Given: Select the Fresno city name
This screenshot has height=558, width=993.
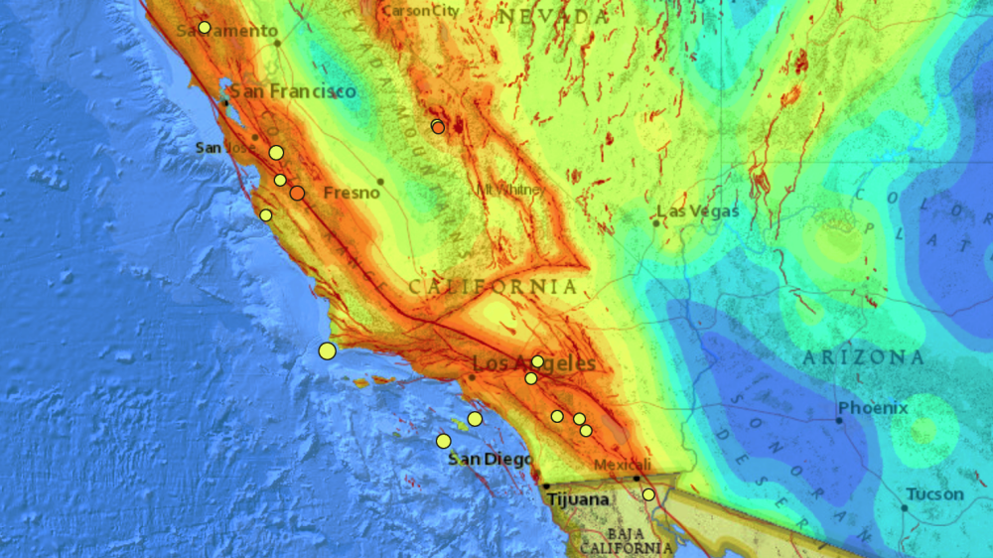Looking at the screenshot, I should point(353,192).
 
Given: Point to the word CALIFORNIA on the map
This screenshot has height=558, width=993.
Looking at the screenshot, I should point(493,287).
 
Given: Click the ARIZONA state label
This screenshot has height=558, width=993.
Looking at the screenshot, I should point(863,357).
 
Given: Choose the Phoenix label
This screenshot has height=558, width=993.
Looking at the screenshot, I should point(873,408).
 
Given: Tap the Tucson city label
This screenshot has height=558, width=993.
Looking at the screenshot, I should point(934,494).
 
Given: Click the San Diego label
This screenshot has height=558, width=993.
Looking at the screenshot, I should point(490,460).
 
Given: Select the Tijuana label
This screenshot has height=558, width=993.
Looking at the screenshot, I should point(578,499).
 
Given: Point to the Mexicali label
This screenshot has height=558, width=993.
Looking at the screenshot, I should point(623,465).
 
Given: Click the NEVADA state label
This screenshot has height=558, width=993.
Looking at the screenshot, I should point(552,17).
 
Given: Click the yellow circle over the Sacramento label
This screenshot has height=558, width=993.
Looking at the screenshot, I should point(205,28).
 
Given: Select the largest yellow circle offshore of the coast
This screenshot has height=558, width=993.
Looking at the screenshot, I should point(328,349).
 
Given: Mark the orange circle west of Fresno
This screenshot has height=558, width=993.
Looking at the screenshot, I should point(297,193).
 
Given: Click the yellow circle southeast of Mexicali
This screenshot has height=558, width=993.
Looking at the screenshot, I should point(648,494).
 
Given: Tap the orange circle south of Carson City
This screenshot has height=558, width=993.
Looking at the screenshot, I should point(438,126).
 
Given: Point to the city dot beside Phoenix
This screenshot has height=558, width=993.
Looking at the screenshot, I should point(839,420).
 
